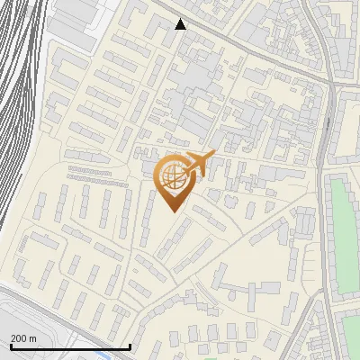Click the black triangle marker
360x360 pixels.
(181, 24)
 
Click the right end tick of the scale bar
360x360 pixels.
(130, 346)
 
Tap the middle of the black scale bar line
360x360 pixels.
(70, 347)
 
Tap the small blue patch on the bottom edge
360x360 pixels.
(103, 356)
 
